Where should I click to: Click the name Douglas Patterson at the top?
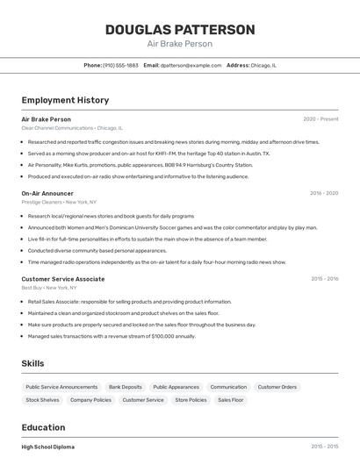coord(180,29)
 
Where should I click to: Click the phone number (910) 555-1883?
coord(120,65)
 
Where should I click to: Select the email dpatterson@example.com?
coord(191,65)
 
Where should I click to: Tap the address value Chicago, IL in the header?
coord(263,65)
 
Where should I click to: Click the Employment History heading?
coord(65,100)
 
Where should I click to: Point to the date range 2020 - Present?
coord(320,118)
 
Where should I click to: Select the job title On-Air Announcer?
coord(47,193)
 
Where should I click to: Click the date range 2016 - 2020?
coord(324,193)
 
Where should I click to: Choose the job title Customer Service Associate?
coord(62,279)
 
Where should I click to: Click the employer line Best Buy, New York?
coord(48,288)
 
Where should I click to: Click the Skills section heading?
coord(33,363)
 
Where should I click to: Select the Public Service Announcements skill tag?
coord(61,387)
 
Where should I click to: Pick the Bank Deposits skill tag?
coord(126,387)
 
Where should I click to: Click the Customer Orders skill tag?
coord(277,387)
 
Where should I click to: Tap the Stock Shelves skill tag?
coord(42,400)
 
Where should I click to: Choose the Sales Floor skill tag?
coord(231,400)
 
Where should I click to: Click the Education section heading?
coord(43,427)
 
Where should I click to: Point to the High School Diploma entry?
coord(47,447)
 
